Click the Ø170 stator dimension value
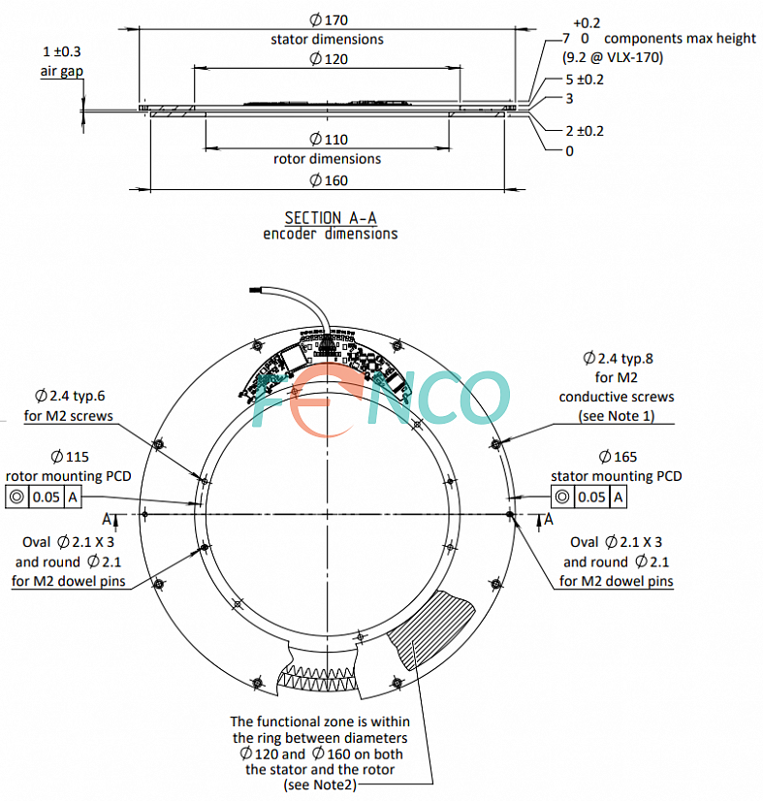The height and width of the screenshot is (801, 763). click(x=327, y=19)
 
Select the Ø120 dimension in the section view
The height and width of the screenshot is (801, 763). click(x=327, y=59)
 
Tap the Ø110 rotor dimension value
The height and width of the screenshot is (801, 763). click(x=327, y=139)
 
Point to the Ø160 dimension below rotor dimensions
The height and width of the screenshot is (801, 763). click(x=327, y=180)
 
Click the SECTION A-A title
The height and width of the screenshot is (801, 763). click(x=327, y=217)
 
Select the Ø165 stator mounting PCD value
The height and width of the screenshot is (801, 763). click(x=617, y=457)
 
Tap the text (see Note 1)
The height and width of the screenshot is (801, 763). click(x=617, y=415)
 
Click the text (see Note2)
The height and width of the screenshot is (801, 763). click(x=320, y=785)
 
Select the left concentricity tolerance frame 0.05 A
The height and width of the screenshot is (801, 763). click(x=45, y=497)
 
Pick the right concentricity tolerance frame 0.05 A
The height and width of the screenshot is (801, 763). click(x=588, y=497)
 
